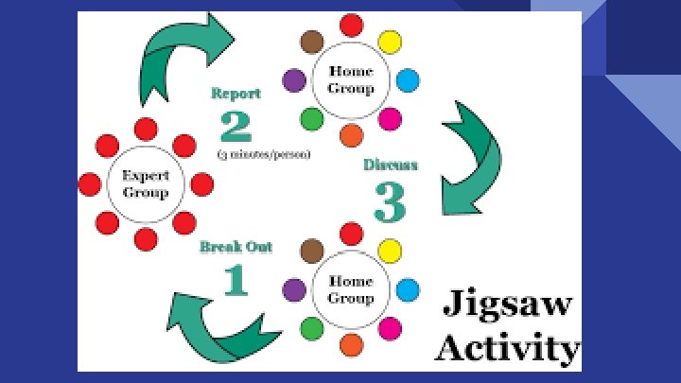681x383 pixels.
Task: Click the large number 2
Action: click(236, 127)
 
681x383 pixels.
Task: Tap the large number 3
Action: click(390, 200)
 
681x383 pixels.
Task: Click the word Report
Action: click(236, 94)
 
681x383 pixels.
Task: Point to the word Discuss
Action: click(391, 165)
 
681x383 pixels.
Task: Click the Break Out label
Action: click(236, 248)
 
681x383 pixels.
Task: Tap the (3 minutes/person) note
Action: click(264, 153)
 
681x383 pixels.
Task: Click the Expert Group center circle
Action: click(146, 184)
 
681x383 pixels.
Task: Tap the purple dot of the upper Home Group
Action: click(294, 80)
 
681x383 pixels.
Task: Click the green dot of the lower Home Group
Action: click(311, 329)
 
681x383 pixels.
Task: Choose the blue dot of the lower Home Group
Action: click(408, 289)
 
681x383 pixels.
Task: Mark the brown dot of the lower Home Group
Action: click(311, 251)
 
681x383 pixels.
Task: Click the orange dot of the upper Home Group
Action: click(351, 135)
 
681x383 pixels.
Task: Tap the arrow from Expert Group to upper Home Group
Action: click(180, 53)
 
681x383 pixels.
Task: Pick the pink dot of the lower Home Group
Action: click(390, 329)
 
